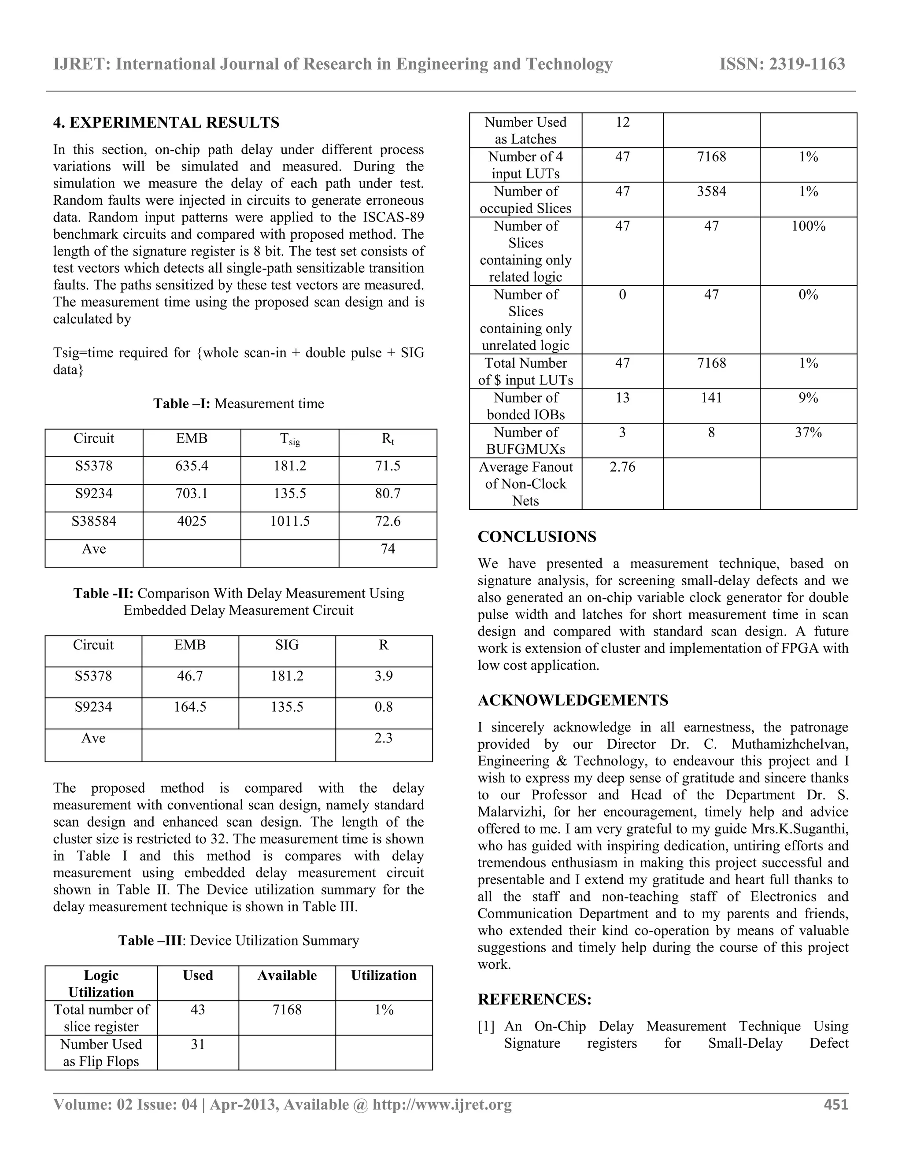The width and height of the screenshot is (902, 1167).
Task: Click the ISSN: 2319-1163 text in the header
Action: pyautogui.click(x=782, y=64)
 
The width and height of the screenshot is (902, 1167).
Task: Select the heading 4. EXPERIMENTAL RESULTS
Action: pyautogui.click(x=166, y=122)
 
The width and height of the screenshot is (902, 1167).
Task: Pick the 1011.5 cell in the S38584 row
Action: pyautogui.click(x=290, y=521)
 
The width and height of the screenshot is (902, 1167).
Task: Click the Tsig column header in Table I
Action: pyautogui.click(x=290, y=439)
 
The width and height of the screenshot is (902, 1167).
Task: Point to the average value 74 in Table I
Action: pyautogui.click(x=388, y=549)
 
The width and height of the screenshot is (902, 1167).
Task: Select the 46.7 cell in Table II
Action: pyautogui.click(x=190, y=676)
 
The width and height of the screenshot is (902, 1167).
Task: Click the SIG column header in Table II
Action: pyautogui.click(x=287, y=646)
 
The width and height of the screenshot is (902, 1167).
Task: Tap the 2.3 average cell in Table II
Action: pyautogui.click(x=384, y=739)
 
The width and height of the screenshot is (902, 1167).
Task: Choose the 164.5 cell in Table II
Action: pyautogui.click(x=190, y=707)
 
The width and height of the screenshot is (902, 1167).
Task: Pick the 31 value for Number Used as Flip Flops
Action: pyautogui.click(x=198, y=1044)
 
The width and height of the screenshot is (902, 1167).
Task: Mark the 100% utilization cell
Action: pyautogui.click(x=808, y=226)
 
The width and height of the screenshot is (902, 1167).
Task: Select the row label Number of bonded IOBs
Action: pyautogui.click(x=525, y=406)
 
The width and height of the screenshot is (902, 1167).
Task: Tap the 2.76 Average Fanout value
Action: pyautogui.click(x=622, y=467)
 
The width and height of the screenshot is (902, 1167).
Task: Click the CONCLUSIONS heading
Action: pyautogui.click(x=537, y=537)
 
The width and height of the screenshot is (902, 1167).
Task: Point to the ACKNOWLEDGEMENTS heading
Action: pyautogui.click(x=573, y=701)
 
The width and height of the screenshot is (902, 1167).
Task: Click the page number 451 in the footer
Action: pyautogui.click(x=836, y=1104)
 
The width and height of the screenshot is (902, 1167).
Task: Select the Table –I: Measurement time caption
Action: pyautogui.click(x=239, y=403)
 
